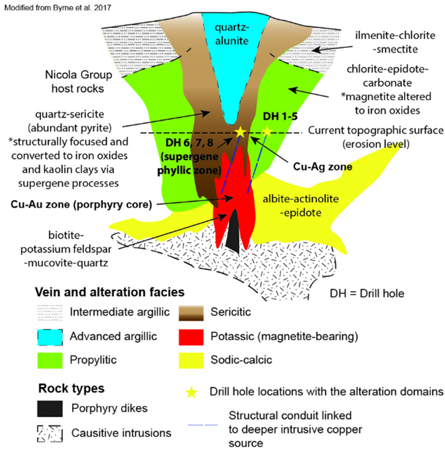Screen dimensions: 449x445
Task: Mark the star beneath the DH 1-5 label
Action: click(267, 131)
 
